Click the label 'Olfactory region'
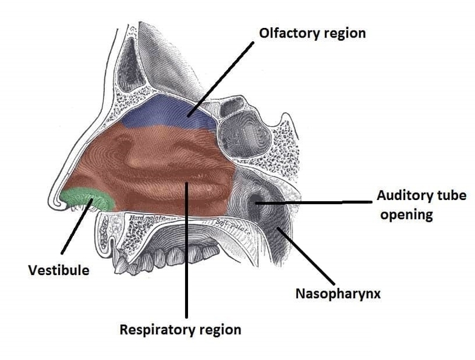[312, 33]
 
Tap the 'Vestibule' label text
[58, 270]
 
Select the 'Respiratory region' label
[180, 330]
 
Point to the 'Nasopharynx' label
[338, 295]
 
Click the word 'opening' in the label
[406, 215]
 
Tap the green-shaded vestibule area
[89, 199]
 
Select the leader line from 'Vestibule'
[78, 227]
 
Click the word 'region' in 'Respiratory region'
[218, 330]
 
